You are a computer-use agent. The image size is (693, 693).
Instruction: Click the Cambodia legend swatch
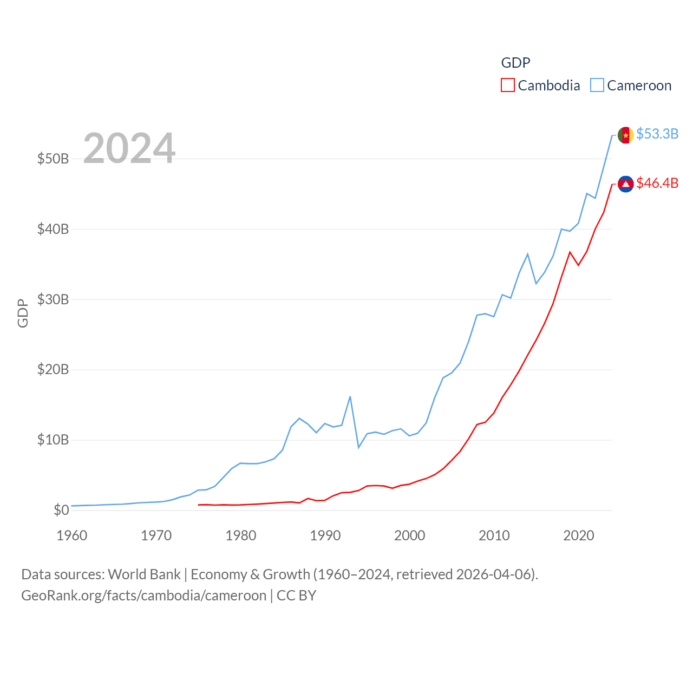(507, 86)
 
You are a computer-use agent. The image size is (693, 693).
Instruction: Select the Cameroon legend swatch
(597, 86)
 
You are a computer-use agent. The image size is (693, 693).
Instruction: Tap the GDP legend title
(515, 63)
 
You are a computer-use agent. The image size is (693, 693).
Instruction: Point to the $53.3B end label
(657, 134)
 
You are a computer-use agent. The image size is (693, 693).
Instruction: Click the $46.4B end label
(657, 184)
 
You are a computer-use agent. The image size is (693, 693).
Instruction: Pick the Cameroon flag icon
(626, 135)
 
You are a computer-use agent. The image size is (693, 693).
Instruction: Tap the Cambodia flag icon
(626, 184)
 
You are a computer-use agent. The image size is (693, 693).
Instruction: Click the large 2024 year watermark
(129, 148)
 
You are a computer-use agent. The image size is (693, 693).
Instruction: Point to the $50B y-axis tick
(53, 159)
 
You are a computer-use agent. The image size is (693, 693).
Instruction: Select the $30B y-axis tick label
(53, 299)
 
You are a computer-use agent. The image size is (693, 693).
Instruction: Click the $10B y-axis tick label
(53, 440)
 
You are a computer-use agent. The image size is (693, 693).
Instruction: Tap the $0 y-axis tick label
(61, 510)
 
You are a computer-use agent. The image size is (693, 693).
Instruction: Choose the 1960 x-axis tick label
(72, 536)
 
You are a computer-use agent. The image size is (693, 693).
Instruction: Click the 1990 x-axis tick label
(325, 536)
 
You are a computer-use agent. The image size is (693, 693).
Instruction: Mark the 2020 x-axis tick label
(579, 536)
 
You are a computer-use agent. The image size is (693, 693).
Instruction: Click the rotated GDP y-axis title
(23, 313)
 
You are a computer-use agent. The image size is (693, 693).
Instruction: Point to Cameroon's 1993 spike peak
(350, 397)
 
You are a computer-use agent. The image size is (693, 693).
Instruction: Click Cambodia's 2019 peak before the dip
(570, 252)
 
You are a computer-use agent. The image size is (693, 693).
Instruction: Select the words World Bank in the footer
(144, 574)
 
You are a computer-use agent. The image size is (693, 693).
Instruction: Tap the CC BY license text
(296, 596)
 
